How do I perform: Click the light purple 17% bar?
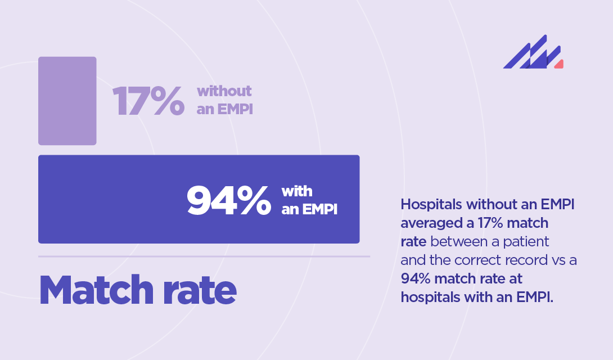pyautogui.click(x=67, y=101)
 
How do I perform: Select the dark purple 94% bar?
pyautogui.click(x=112, y=199)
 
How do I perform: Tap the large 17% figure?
pyautogui.click(x=148, y=102)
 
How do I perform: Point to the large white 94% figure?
pyautogui.click(x=228, y=201)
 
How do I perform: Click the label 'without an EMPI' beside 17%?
pyautogui.click(x=224, y=100)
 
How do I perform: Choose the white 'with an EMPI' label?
pyautogui.click(x=309, y=201)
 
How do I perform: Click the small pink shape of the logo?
pyautogui.click(x=559, y=65)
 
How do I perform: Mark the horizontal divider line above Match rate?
pyautogui.click(x=204, y=256)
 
